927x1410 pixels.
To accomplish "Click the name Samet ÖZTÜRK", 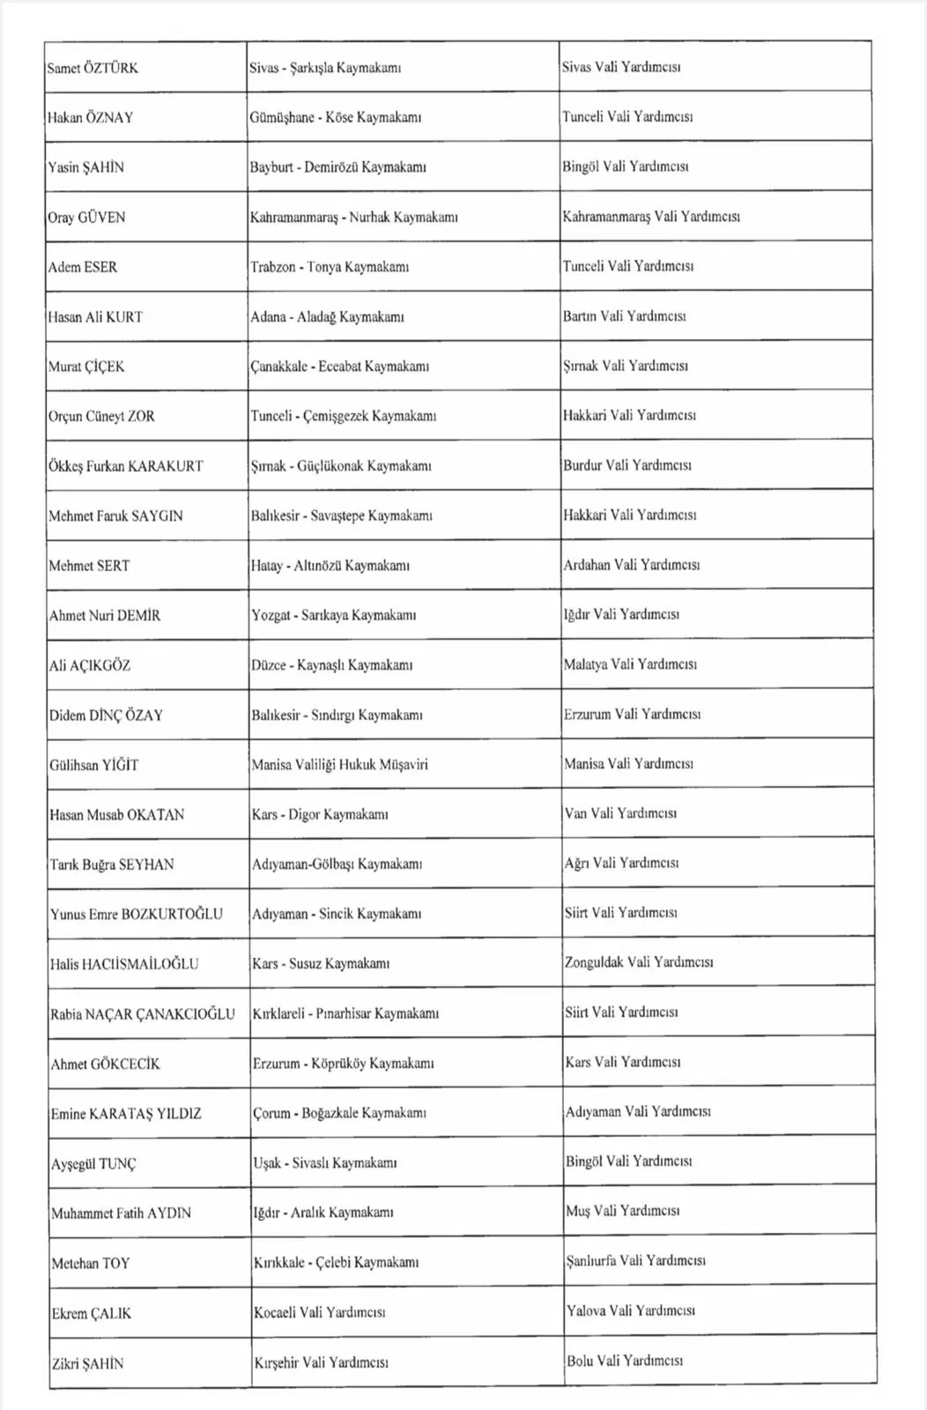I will point(93,68).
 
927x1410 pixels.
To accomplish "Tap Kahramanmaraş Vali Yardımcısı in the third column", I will point(651,217).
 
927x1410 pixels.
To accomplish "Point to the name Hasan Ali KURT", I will point(95,317).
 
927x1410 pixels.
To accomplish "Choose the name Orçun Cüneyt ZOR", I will point(101,416).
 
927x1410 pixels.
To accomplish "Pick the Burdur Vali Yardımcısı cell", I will point(627,465).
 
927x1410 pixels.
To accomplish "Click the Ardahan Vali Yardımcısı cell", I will point(631,565).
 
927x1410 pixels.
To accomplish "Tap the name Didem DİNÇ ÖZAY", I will point(106,716).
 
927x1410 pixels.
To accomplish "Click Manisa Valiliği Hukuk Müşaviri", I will point(339,765).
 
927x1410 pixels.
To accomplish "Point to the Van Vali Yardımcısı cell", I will point(620,813).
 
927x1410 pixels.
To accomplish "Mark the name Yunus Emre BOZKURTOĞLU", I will point(137,914).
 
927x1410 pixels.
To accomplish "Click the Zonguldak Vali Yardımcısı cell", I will point(639,962).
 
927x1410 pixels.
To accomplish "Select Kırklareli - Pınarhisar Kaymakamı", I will point(345,1013).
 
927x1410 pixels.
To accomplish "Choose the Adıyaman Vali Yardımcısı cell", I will point(638,1112).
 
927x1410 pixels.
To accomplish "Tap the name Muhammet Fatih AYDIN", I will point(121,1213).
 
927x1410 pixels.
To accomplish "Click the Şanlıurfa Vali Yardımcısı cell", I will point(635,1261).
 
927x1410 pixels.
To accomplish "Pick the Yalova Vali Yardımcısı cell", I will point(631,1311).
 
